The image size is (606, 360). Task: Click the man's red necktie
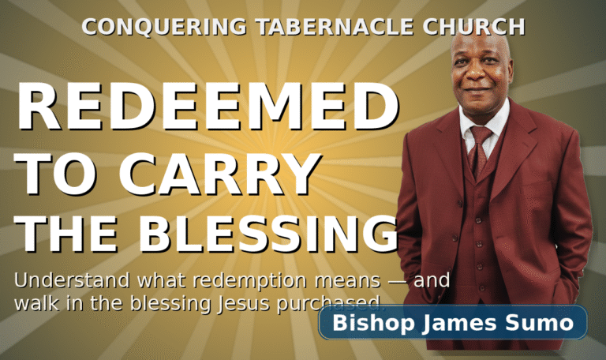click(479, 150)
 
